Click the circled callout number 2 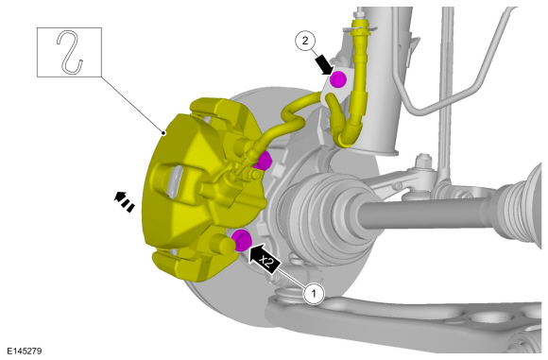click(304, 41)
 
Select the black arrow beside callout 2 click(324, 64)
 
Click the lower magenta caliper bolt click(241, 238)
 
